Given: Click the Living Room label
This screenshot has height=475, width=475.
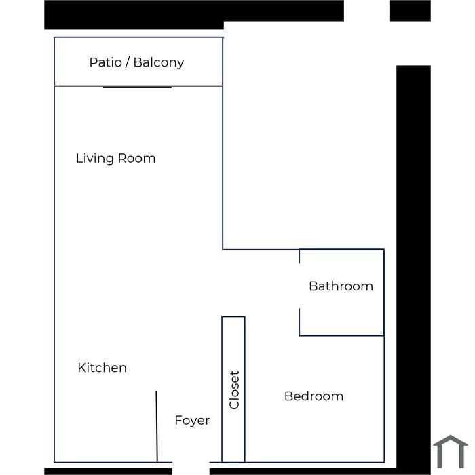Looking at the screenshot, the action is click(x=116, y=158).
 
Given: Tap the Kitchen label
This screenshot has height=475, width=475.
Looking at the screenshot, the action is click(x=102, y=368).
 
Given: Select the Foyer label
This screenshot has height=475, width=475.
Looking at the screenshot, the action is click(x=192, y=421).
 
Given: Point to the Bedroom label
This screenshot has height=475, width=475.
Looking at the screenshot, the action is click(x=313, y=396).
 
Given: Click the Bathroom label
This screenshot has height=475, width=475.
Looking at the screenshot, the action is click(x=341, y=286).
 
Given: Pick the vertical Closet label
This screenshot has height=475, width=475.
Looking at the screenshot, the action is click(x=235, y=390).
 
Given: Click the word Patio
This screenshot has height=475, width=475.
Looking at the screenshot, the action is click(x=105, y=62).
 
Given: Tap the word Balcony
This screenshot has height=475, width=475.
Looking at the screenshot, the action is click(x=159, y=62).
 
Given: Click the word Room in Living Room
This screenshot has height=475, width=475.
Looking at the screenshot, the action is click(x=136, y=158).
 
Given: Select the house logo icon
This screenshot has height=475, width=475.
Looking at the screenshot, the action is click(x=451, y=451).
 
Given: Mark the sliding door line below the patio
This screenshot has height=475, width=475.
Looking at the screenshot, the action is click(x=137, y=88).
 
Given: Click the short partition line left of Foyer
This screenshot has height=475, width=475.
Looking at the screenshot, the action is click(x=157, y=427).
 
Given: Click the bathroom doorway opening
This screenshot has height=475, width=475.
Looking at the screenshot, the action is click(x=299, y=286).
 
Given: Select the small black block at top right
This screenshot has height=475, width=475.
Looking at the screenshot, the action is click(x=410, y=11).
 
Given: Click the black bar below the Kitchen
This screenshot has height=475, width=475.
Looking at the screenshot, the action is click(x=108, y=472).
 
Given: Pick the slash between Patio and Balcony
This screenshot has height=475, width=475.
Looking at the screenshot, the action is click(x=128, y=62).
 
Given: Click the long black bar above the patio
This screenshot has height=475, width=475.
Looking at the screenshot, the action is click(x=194, y=14).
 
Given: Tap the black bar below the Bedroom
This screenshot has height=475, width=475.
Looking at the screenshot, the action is click(x=303, y=472).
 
